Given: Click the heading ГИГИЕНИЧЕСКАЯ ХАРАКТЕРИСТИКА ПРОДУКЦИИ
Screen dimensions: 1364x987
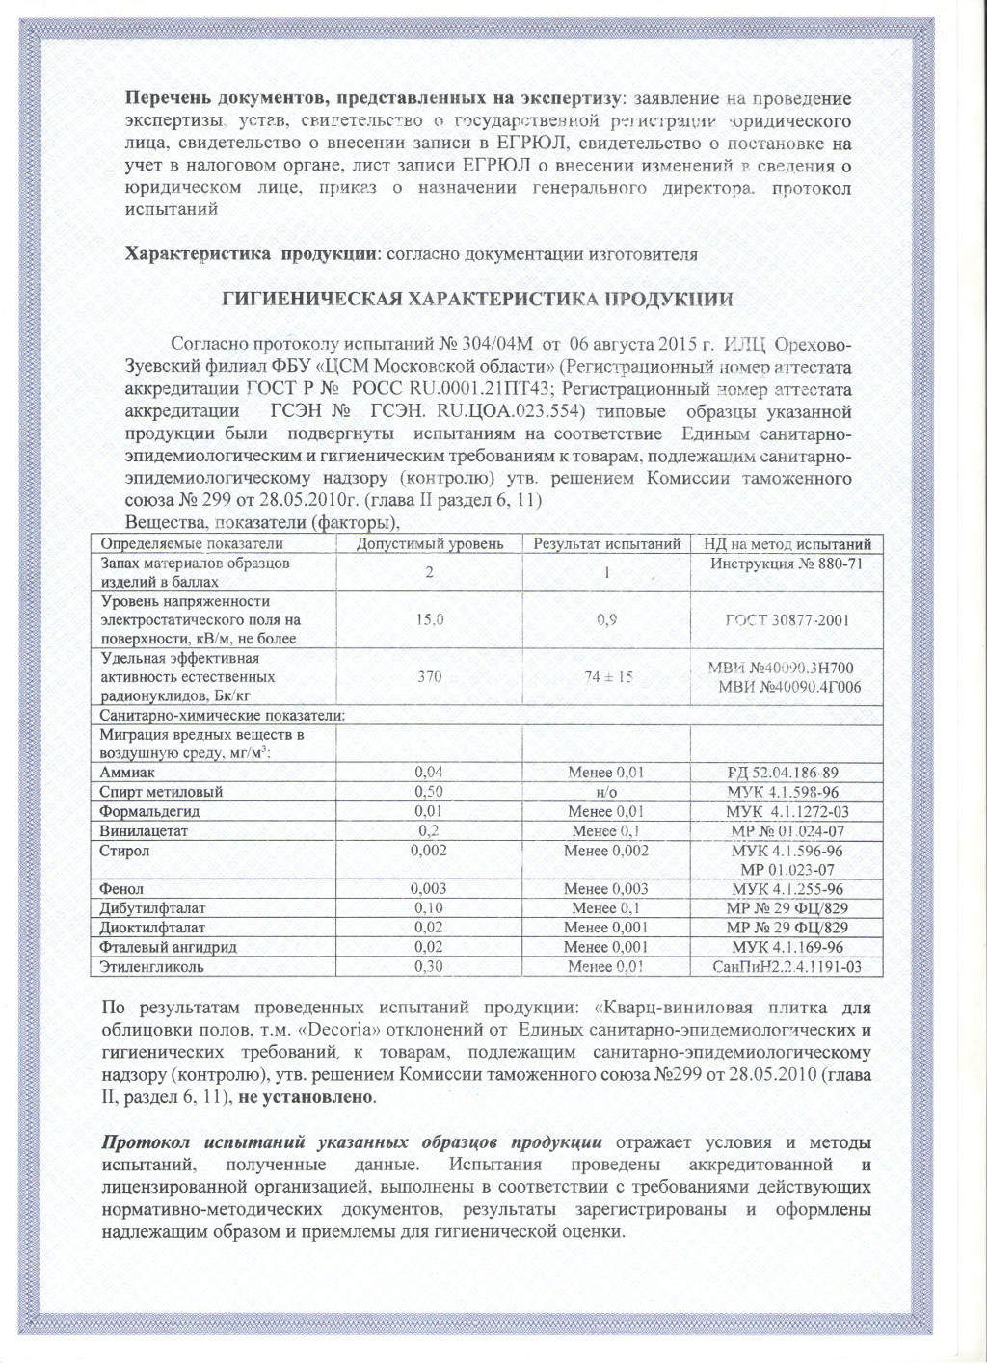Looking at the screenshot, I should [x=479, y=299].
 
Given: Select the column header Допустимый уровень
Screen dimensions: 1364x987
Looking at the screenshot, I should [x=430, y=544].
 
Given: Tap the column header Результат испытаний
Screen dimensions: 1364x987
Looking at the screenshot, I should [x=607, y=544].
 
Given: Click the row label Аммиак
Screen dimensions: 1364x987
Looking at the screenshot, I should [x=127, y=773].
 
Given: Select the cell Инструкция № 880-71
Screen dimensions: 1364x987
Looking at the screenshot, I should [x=786, y=564].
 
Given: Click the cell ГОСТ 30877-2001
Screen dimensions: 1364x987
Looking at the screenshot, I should [x=787, y=619].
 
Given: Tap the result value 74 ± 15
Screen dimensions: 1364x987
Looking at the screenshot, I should [x=608, y=677].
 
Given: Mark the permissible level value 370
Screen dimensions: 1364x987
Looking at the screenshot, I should [x=430, y=677].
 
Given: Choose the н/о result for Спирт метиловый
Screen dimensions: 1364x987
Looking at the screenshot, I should [x=606, y=792].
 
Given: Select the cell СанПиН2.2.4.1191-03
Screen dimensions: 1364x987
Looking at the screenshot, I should [x=787, y=966].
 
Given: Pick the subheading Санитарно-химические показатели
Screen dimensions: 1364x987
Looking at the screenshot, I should [x=223, y=715].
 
